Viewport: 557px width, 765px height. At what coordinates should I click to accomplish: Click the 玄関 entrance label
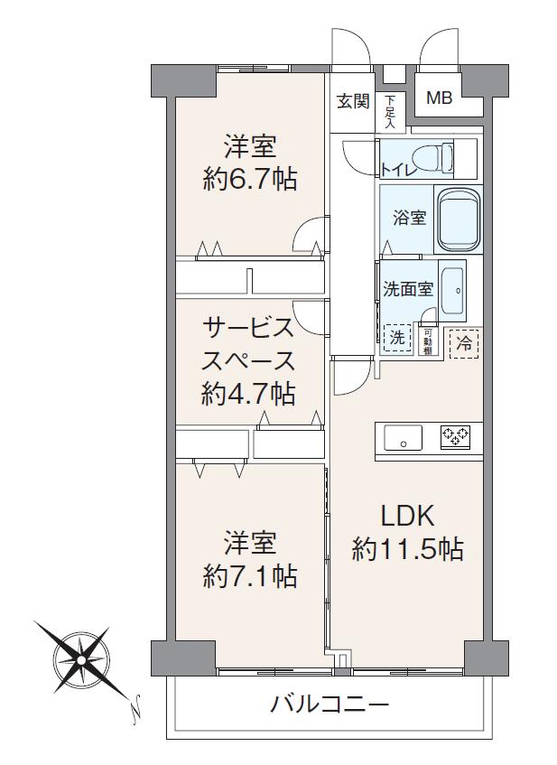click(x=353, y=101)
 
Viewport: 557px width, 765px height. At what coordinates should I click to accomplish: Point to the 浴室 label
click(x=408, y=218)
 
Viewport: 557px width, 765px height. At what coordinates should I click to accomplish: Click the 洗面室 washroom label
click(x=408, y=290)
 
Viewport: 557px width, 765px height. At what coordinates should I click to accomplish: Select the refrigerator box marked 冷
click(x=464, y=342)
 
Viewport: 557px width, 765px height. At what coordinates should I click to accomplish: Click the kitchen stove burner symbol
click(x=454, y=437)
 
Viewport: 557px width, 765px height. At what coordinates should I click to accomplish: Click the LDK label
click(x=407, y=516)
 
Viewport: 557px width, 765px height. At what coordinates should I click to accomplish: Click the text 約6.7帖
click(x=250, y=178)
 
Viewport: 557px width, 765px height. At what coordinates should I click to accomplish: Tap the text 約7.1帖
click(x=250, y=575)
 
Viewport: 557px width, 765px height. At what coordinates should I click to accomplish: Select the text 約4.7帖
click(x=249, y=393)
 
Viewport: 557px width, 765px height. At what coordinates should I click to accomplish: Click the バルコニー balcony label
click(x=330, y=704)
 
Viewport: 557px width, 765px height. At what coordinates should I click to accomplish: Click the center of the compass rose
click(x=82, y=659)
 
